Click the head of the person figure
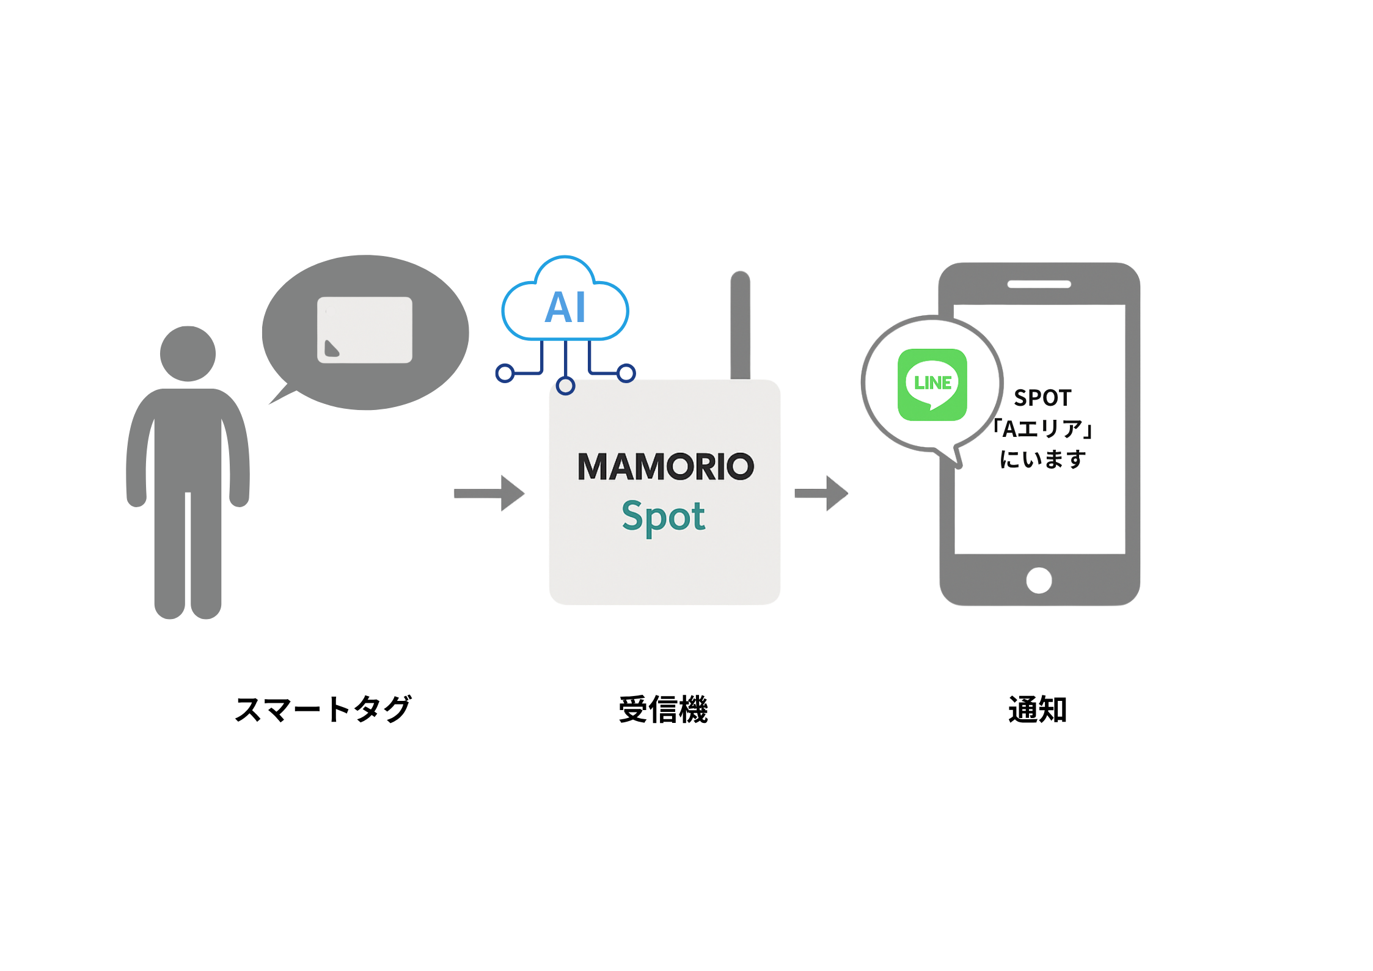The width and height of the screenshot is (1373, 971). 188,353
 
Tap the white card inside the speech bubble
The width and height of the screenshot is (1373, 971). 365,329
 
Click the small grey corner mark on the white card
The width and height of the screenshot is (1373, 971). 331,348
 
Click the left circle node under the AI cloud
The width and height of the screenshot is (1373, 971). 505,373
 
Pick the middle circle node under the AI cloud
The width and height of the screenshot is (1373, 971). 566,386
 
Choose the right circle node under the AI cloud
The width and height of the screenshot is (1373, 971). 626,373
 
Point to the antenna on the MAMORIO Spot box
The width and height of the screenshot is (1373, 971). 740,324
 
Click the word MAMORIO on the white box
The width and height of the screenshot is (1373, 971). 665,467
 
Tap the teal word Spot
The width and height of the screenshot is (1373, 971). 664,517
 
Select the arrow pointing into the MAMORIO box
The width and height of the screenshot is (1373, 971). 489,493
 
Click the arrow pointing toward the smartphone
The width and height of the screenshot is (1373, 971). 822,493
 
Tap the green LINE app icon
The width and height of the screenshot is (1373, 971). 932,384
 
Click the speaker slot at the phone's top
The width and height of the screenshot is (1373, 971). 1039,285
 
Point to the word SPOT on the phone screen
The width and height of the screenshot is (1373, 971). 1042,398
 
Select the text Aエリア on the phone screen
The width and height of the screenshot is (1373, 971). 1042,429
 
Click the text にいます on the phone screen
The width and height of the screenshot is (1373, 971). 1042,459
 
